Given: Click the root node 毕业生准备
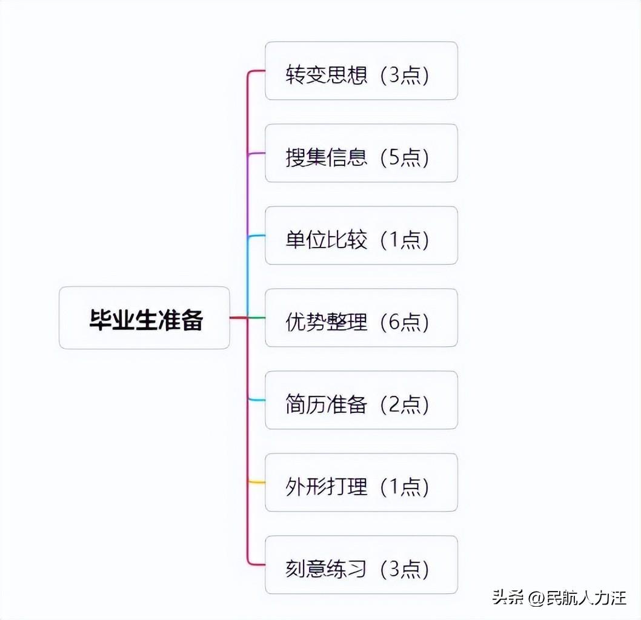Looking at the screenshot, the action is point(144,318).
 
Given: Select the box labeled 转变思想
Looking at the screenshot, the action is point(361,71).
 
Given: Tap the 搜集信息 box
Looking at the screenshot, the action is point(361,153).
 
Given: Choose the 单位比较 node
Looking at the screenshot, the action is point(361,236).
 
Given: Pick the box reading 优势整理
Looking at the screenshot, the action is point(361,318).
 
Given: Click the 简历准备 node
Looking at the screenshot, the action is point(361,400).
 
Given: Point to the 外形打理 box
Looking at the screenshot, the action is point(361,483).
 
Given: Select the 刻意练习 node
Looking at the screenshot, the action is point(361,565).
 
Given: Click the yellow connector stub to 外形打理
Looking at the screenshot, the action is point(257,483).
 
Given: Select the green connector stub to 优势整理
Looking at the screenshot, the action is point(257,318).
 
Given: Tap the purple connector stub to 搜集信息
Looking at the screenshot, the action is point(257,153).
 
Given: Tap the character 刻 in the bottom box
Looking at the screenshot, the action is point(295,570).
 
